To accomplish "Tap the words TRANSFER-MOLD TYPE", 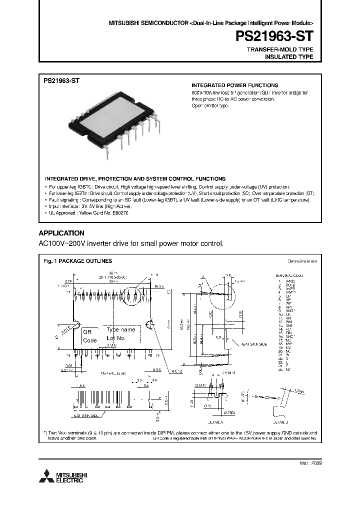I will [280, 50].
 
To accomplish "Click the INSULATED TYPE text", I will [288, 57].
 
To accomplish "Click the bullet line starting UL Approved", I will [88, 212].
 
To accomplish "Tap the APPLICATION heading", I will [61, 233].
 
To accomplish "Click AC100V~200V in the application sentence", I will [62, 243].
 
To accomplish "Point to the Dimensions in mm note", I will [302, 261].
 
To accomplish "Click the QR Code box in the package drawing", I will [90, 335].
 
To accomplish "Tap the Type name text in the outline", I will [121, 330].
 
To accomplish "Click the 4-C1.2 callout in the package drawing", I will [175, 371].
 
